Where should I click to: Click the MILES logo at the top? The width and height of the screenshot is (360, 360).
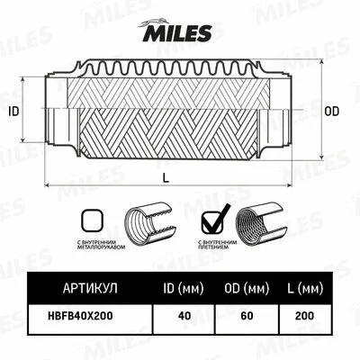(x=177, y=33)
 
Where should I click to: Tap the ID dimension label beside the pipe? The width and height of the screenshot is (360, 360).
(x=13, y=112)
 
